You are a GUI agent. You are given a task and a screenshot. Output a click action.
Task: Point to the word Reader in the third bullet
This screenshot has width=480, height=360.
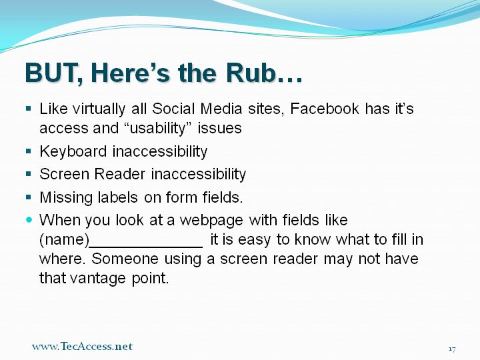click(119, 174)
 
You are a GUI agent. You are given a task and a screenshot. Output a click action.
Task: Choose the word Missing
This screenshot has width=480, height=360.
click(66, 198)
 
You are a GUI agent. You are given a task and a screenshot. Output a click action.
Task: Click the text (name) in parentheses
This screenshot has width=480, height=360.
click(64, 240)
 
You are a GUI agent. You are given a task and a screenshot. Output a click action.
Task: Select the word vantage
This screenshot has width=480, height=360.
click(98, 279)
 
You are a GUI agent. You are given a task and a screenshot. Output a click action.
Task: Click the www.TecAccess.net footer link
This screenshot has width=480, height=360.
click(82, 346)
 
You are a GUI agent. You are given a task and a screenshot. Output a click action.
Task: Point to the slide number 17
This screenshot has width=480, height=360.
click(452, 349)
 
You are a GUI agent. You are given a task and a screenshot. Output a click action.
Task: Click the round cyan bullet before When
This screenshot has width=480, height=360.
click(29, 219)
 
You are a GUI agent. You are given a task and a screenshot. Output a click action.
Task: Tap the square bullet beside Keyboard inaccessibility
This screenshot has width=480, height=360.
click(29, 151)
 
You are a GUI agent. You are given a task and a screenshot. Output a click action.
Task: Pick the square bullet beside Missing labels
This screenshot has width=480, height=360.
click(29, 197)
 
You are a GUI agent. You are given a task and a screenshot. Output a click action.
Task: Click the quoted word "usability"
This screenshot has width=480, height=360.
click(158, 128)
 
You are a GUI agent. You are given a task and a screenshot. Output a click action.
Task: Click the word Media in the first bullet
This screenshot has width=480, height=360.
click(221, 109)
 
